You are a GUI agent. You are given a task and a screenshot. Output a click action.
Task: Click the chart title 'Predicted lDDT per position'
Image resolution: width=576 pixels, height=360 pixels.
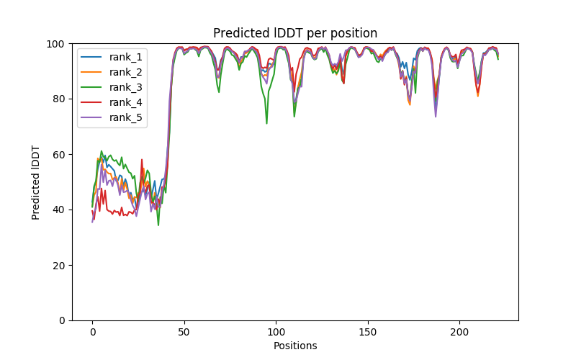[295, 33]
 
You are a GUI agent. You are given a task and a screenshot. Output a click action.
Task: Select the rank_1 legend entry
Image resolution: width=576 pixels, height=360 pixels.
[125, 56]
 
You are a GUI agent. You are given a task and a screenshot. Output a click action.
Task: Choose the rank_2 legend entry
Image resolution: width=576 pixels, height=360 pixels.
[125, 71]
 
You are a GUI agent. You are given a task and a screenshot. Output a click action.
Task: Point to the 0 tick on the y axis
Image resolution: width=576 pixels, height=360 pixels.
[63, 320]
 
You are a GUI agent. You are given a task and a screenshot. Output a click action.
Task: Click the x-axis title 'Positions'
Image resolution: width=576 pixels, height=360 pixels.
[295, 346]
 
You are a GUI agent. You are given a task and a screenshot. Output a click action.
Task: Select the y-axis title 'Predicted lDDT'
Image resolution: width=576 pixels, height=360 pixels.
[36, 182]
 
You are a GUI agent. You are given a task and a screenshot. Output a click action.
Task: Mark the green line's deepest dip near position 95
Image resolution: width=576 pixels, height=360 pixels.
[267, 123]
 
